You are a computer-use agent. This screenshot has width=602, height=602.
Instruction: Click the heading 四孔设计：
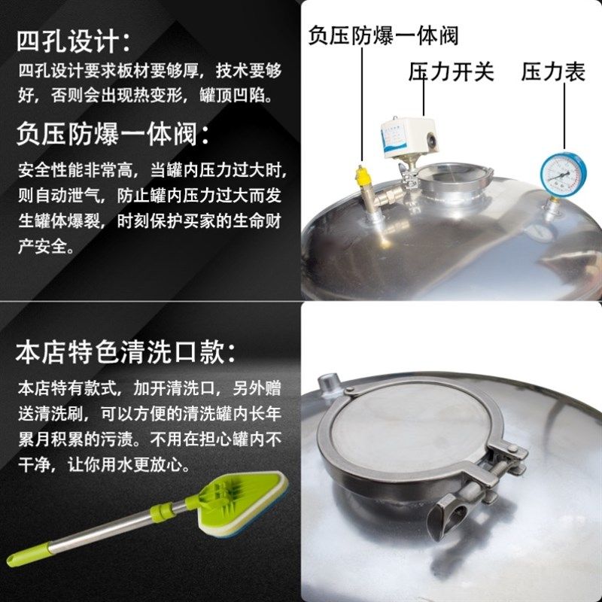pyautogui.click(x=74, y=41)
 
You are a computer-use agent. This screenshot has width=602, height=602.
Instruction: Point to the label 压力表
pyautogui.click(x=553, y=72)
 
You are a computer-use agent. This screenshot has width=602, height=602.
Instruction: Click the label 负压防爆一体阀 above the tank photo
pyautogui.click(x=384, y=35)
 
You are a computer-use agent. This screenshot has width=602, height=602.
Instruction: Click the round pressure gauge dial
pyautogui.click(x=563, y=172)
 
